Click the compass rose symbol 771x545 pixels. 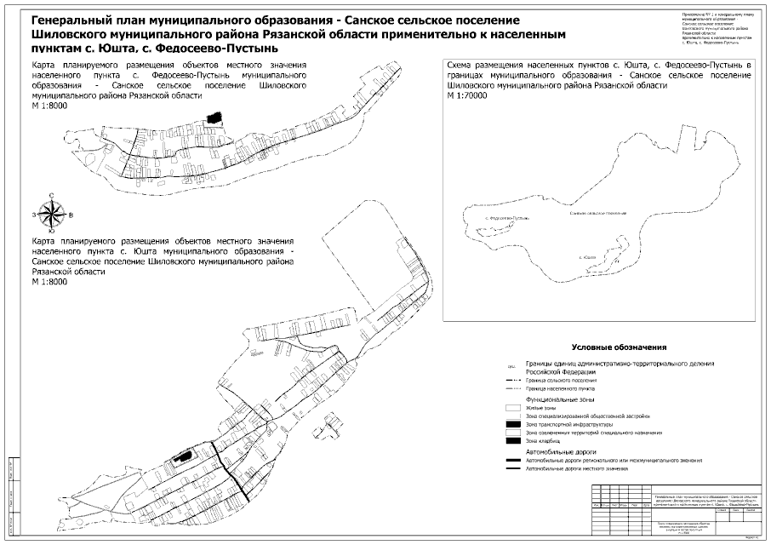pos(53,214)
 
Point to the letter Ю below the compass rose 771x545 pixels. pos(53,231)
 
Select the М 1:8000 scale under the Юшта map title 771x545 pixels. pos(49,282)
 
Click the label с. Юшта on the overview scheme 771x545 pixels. pos(585,256)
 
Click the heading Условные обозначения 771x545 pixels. pos(618,348)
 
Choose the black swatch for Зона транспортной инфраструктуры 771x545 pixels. pos(511,424)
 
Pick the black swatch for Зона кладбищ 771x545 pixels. pos(511,441)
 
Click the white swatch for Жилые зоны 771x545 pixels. pos(511,408)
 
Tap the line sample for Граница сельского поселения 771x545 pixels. pos(511,379)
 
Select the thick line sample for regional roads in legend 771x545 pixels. pos(511,460)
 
